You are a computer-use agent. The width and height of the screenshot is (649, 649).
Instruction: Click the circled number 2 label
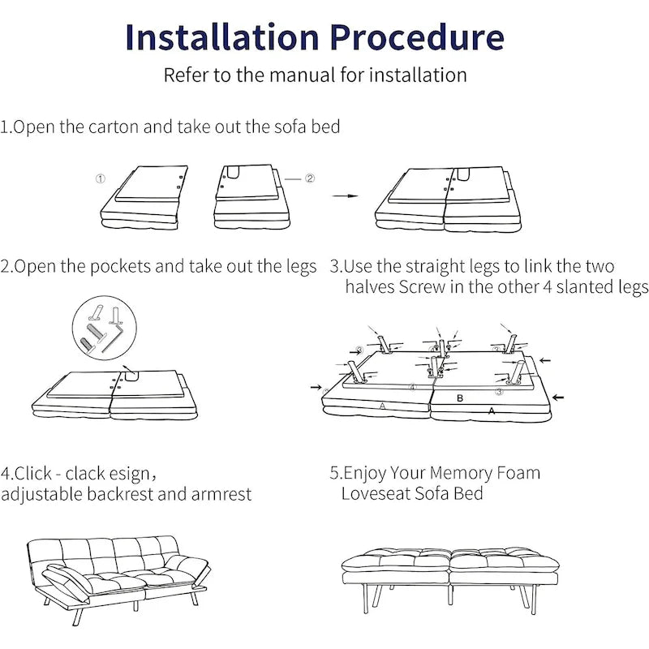[310, 178]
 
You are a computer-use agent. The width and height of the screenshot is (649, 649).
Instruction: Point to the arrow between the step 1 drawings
[346, 196]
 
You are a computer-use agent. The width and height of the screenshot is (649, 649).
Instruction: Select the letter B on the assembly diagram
[460, 398]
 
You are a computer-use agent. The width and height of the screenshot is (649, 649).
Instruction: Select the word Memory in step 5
[464, 473]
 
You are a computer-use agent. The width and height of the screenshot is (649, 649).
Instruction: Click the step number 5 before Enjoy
[334, 473]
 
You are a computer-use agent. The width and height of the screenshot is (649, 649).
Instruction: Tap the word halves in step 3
[370, 287]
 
